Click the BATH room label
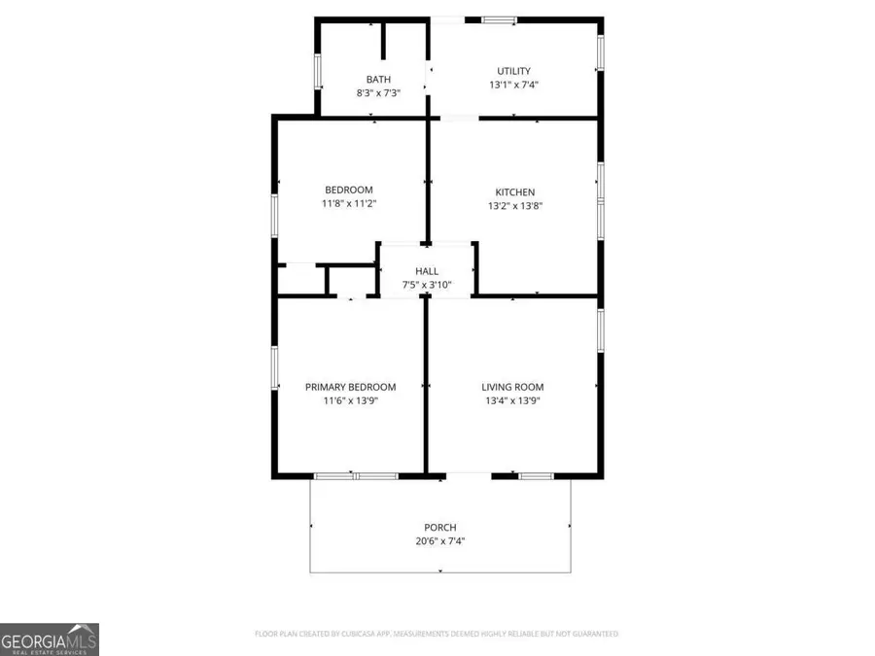[378, 79]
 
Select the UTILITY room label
[513, 71]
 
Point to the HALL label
[427, 271]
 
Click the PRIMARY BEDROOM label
[350, 387]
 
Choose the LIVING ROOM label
[511, 387]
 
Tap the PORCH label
[439, 528]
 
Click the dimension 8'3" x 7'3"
[378, 92]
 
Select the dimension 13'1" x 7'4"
[513, 85]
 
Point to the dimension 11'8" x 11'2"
[348, 204]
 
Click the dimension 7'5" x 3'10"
[427, 285]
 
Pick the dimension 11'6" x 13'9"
[350, 400]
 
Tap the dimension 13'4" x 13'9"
[511, 400]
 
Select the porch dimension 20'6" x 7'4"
[439, 541]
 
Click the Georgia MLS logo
[50, 640]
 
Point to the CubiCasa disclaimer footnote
[436, 634]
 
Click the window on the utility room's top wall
[501, 18]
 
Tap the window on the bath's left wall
[317, 71]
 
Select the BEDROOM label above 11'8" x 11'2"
[348, 190]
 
